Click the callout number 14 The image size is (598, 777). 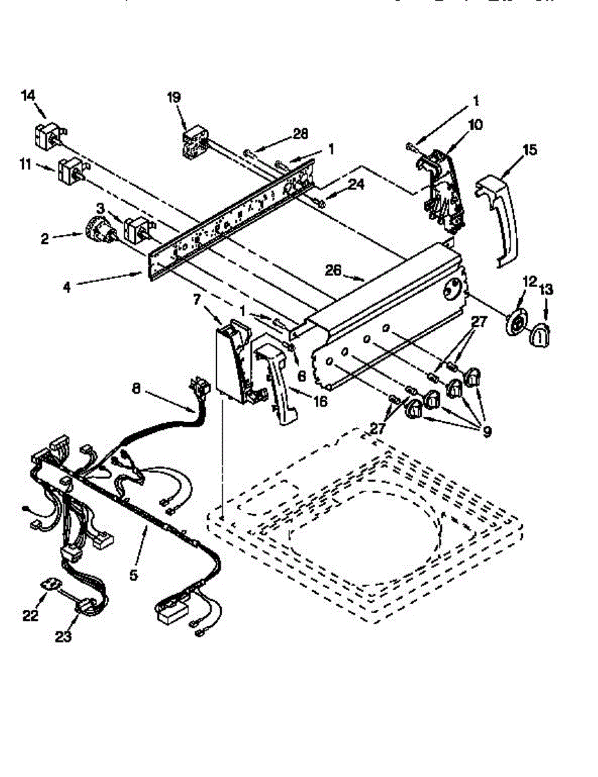[x=28, y=96]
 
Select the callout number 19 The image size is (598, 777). [x=173, y=98]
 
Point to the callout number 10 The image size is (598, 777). [x=475, y=124]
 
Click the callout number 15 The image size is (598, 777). [x=529, y=150]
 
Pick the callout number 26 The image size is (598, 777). [x=333, y=271]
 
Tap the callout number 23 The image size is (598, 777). [x=63, y=636]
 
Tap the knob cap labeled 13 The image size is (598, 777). [x=539, y=336]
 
